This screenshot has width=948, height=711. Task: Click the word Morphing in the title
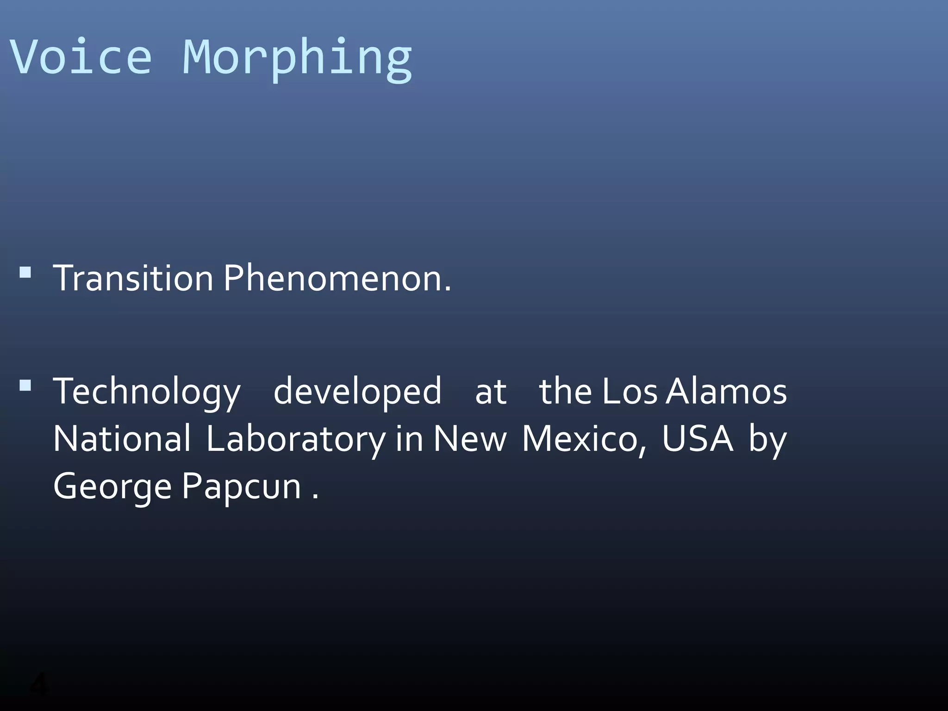pos(297,59)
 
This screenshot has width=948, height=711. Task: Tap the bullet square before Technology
pos(25,385)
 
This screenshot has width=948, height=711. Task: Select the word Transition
pos(133,278)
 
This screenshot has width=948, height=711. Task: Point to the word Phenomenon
pos(337,278)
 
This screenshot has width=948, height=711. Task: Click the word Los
pos(630,392)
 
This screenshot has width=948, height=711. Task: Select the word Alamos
pos(726,392)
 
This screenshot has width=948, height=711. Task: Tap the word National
pos(122,439)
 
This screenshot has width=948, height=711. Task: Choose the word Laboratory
pos(295,440)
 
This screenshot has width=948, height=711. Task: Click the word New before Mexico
pos(470,439)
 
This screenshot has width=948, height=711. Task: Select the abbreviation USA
pos(697,439)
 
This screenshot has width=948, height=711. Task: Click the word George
pos(112,487)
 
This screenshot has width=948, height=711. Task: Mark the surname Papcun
pos(242,487)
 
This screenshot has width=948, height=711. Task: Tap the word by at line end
pos(768,440)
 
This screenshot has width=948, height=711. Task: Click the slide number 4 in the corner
pos(39,684)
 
